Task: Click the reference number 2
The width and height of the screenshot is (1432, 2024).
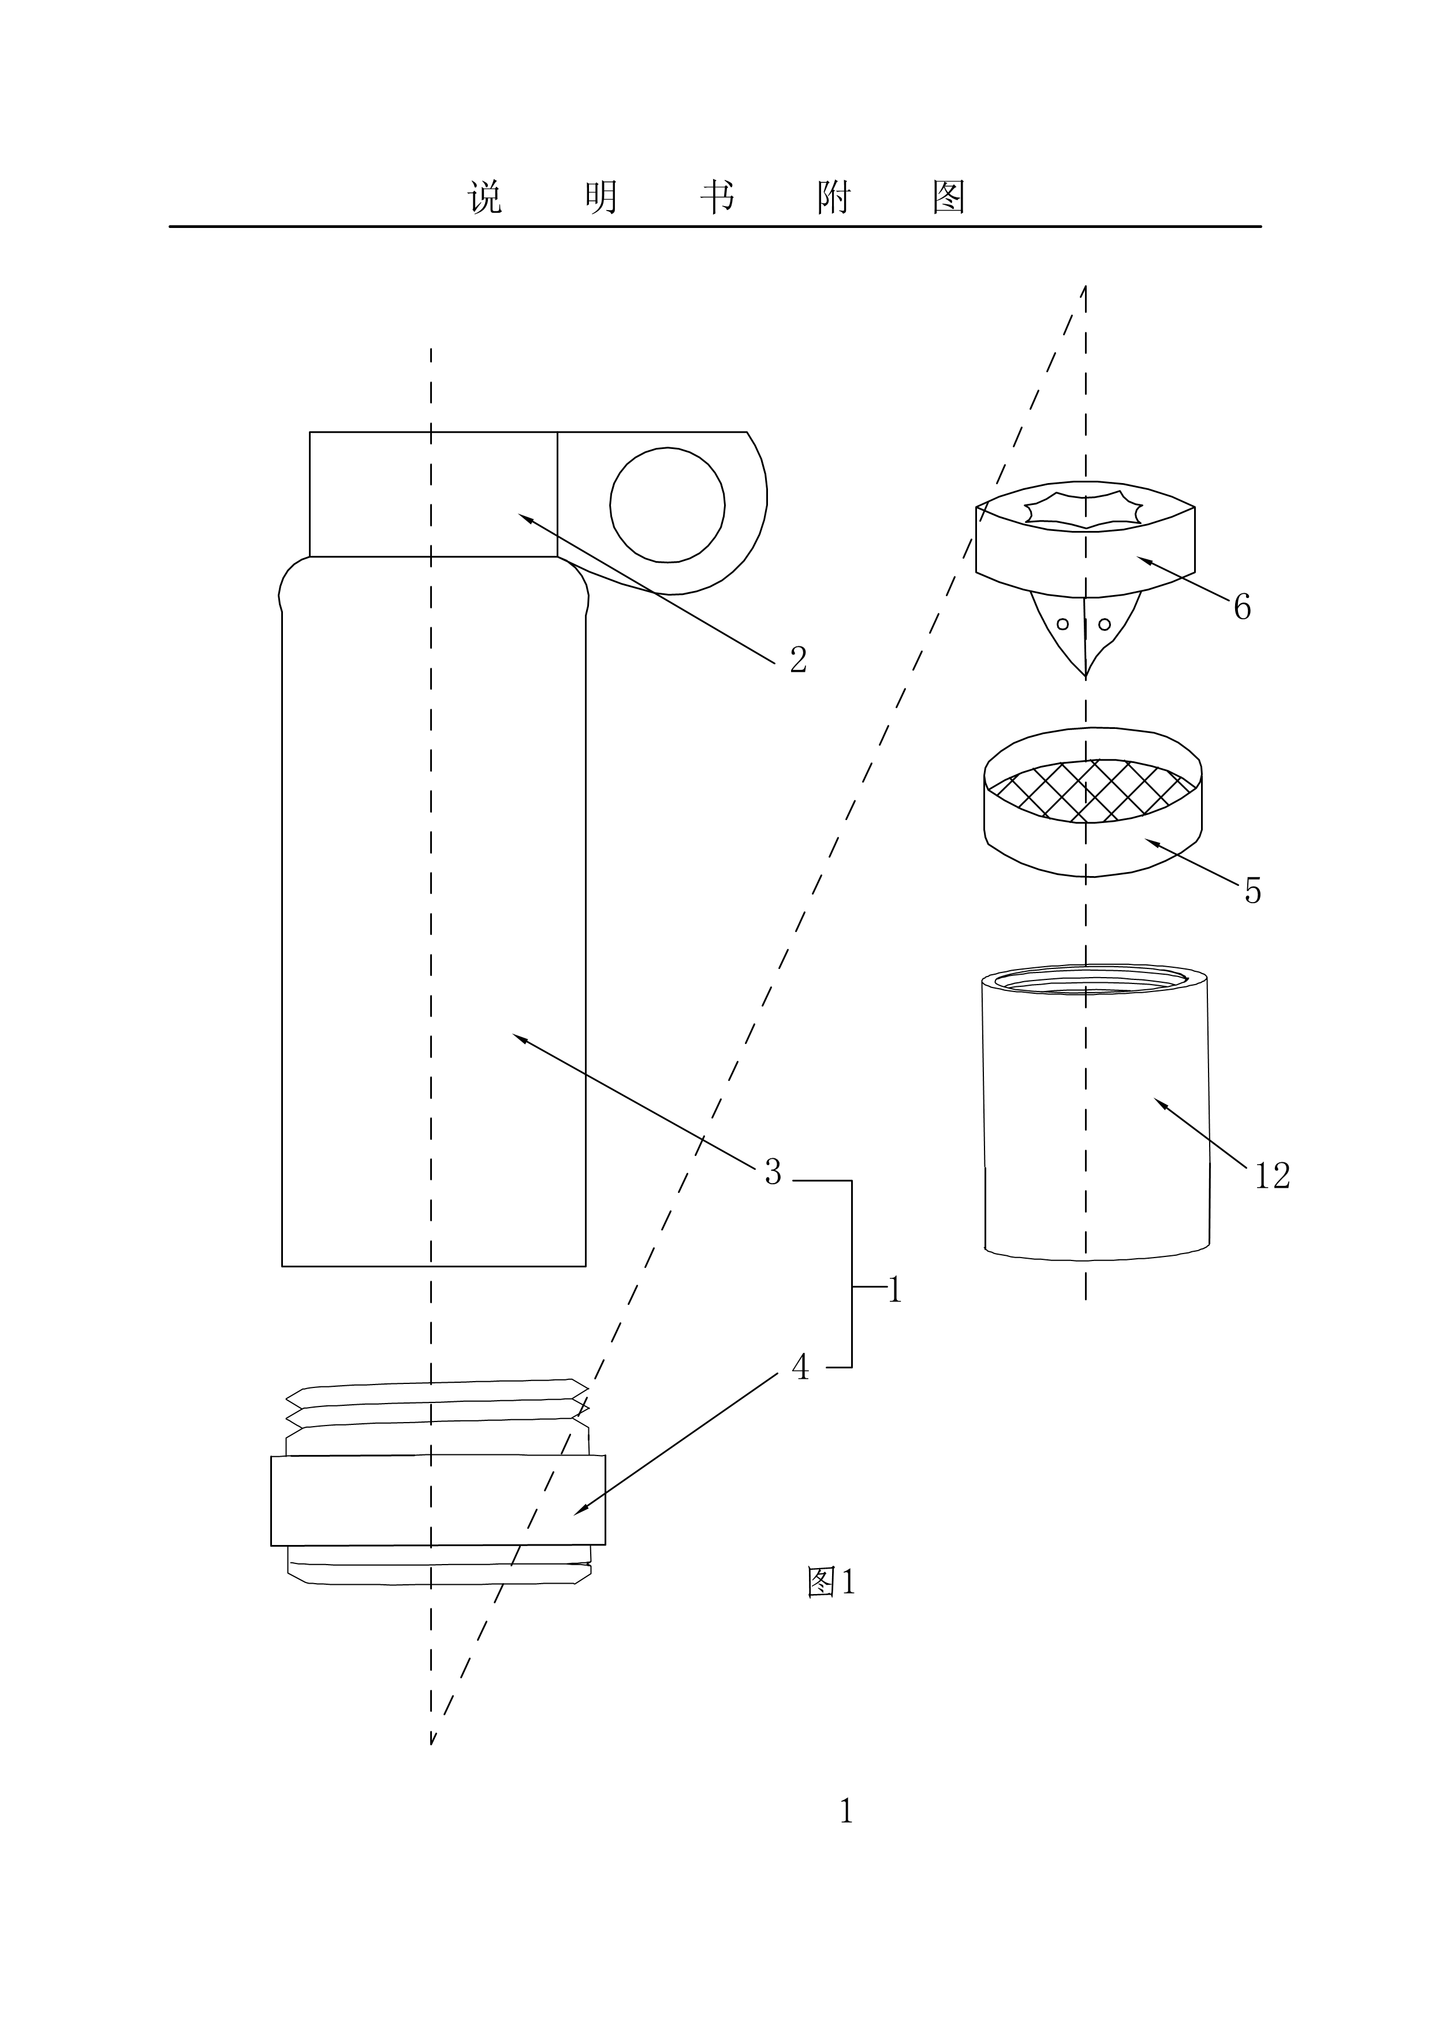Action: [x=798, y=660]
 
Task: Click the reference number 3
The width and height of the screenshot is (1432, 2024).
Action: [x=773, y=1172]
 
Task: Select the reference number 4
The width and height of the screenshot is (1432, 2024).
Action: [x=800, y=1367]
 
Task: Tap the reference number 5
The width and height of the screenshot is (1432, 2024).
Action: [x=1253, y=891]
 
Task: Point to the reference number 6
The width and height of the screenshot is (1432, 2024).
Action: [x=1243, y=607]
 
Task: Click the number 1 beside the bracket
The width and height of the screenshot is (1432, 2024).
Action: [x=895, y=1290]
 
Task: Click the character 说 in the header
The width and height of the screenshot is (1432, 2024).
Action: [x=485, y=197]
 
